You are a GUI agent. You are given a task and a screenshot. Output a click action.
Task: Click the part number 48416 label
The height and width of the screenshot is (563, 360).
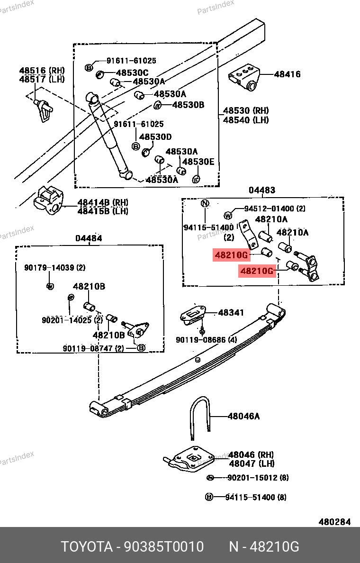287,74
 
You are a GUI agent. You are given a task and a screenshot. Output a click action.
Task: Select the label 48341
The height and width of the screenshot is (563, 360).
231,313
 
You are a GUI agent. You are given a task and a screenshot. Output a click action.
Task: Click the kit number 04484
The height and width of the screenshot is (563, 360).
89,238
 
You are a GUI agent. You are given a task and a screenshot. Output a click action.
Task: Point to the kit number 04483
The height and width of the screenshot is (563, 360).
262,190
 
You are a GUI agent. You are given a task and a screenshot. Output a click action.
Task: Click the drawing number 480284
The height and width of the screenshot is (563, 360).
334,522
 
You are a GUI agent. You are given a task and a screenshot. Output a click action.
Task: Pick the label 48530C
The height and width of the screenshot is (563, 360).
132,73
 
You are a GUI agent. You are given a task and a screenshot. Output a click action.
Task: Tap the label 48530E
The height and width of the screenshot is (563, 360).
198,162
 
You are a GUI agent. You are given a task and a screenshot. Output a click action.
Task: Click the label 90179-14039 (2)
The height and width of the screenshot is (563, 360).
55,268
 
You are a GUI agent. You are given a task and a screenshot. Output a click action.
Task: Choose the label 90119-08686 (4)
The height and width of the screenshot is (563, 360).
206,340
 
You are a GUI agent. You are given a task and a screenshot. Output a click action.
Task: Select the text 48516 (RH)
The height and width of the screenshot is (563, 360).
42,71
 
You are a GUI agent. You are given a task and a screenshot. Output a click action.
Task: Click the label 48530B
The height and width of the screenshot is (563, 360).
188,105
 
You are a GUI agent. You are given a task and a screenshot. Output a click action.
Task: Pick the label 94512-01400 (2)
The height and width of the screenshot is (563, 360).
275,209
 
